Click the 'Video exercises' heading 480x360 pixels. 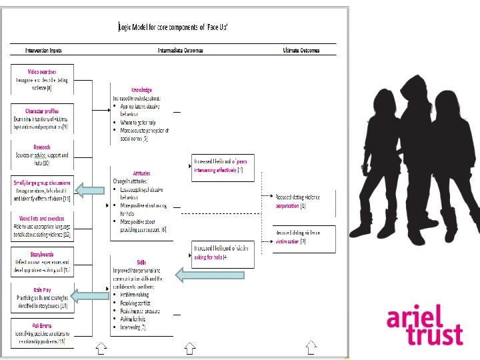[41, 71]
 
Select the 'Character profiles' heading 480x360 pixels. [41, 111]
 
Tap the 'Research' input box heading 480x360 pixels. [41, 147]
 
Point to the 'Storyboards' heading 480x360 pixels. [41, 253]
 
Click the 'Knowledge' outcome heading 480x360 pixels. [141, 90]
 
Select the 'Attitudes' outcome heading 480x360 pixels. [141, 172]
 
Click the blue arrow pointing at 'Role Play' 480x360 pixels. [89, 295]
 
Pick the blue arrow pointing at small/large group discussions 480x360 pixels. [89, 191]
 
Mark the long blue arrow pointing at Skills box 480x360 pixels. [209, 273]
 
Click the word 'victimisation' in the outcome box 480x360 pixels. [288, 241]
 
